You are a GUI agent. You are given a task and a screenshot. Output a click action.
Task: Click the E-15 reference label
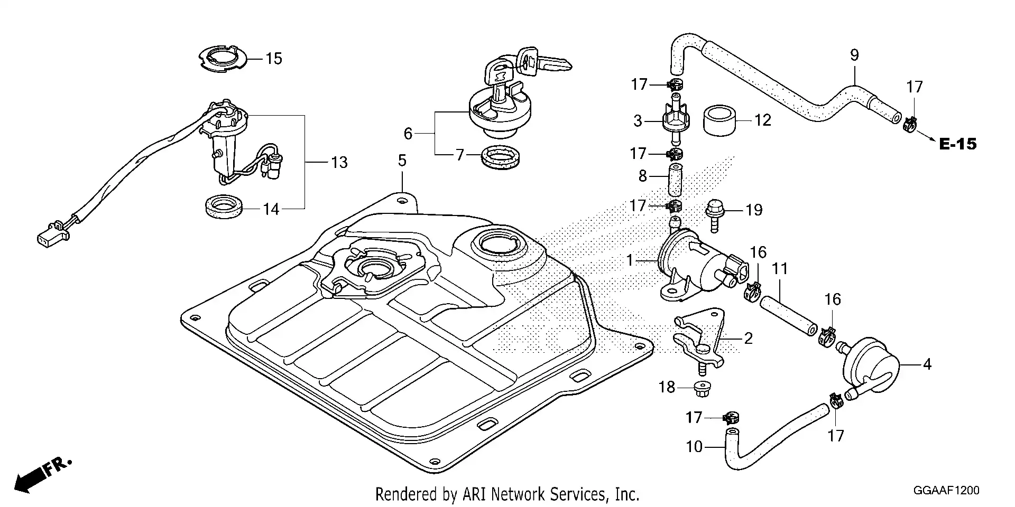957,144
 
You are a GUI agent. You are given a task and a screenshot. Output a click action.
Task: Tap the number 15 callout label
274,59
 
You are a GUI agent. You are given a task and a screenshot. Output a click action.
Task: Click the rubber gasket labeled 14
224,206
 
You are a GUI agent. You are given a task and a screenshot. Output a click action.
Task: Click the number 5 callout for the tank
402,161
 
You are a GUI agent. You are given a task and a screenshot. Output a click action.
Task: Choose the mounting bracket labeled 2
698,341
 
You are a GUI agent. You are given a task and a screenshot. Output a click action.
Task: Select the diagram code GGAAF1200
947,491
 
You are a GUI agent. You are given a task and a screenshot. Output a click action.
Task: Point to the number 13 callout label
339,162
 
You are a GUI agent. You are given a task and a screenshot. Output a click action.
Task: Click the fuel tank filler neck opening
500,245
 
